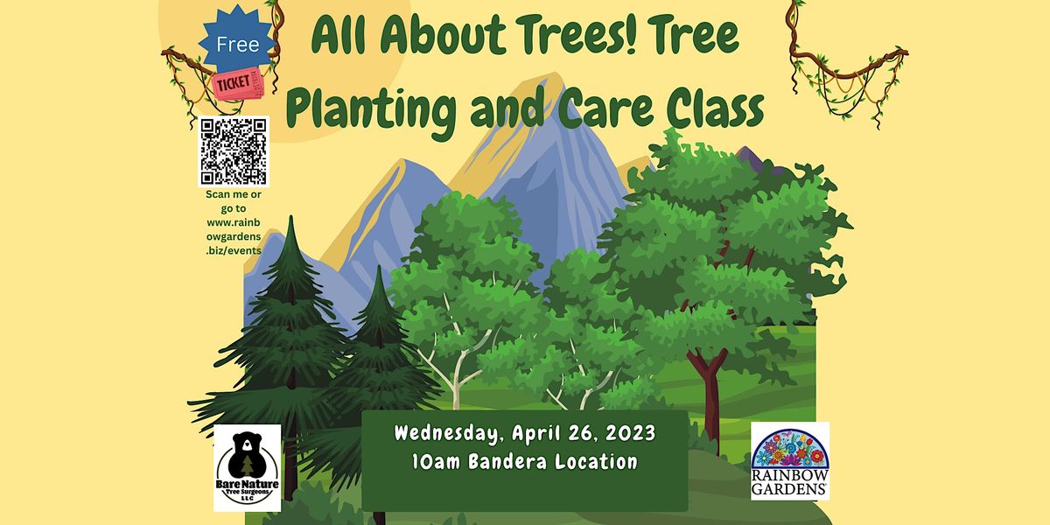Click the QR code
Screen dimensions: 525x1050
[x=234, y=150]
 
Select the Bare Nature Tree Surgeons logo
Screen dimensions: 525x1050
[x=248, y=467]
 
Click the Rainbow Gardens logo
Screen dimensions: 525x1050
[x=790, y=461]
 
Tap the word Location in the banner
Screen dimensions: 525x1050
[x=595, y=461]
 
